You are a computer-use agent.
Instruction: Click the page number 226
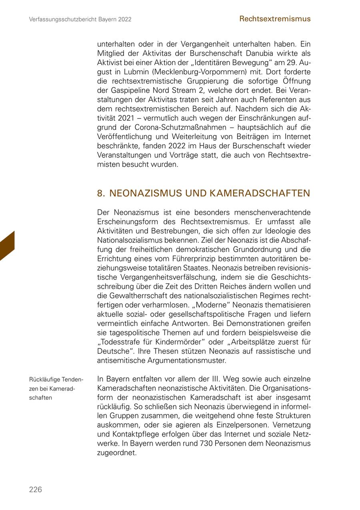coord(35,490)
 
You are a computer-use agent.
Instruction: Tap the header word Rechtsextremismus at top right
coord(275,19)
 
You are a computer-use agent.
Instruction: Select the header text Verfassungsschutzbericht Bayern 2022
coord(80,19)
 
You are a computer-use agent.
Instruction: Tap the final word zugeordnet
coord(117,453)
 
